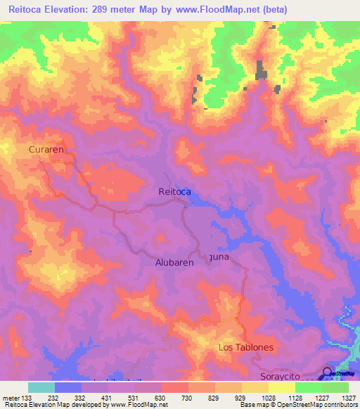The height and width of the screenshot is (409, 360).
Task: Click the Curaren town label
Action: (x=47, y=150)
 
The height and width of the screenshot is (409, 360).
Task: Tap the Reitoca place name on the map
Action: (x=175, y=191)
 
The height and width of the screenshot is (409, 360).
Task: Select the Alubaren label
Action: (x=174, y=263)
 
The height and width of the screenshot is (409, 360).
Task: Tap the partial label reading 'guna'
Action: (x=219, y=257)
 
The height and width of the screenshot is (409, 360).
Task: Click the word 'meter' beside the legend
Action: (x=10, y=398)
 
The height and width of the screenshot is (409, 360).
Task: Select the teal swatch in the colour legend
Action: (x=41, y=387)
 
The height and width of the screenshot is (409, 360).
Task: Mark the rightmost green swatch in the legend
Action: (x=335, y=387)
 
